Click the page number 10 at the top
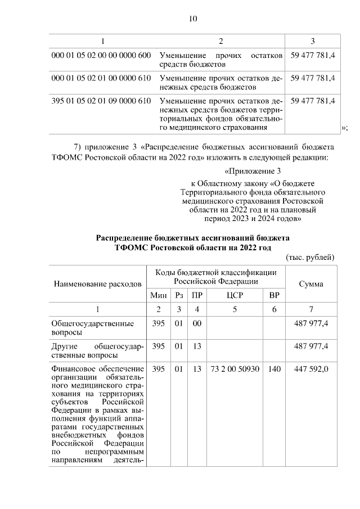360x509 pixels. coord(192,19)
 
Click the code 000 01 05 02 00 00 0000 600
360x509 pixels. coord(101,56)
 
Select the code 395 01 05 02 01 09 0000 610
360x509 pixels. coord(101,101)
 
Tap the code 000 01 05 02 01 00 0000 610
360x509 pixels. coord(101,78)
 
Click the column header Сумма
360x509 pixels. coord(310,284)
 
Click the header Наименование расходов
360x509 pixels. coord(97,284)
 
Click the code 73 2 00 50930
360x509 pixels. coord(235,368)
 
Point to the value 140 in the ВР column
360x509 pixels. coord(274,368)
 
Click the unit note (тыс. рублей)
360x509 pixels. coord(310,257)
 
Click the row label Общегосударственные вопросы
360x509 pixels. coord(92,328)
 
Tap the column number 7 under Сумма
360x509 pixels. coord(310,309)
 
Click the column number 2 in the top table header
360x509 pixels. coord(220,41)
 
